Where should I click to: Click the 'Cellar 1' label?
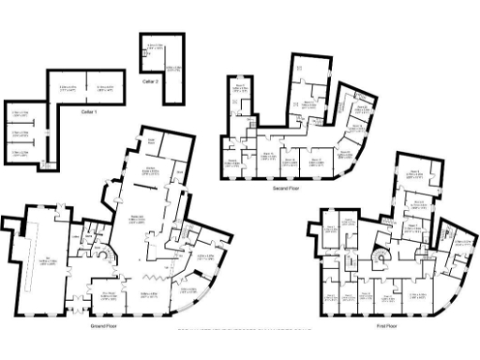[x=89, y=112]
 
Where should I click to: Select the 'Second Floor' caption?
[x=286, y=187]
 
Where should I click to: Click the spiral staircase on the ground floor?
[x=106, y=256]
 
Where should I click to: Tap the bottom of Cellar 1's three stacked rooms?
[x=18, y=153]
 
